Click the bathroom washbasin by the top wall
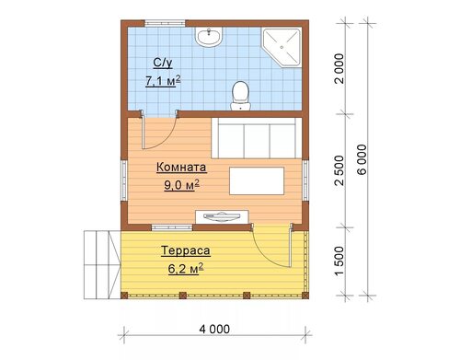click(x=209, y=37)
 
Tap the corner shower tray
click(x=282, y=47)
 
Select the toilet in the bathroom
click(x=240, y=96)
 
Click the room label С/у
click(x=163, y=63)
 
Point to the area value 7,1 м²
click(x=163, y=81)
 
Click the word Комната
click(x=181, y=168)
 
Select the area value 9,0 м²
click(x=182, y=185)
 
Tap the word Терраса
click(x=186, y=250)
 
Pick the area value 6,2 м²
click(x=186, y=269)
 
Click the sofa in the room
click(x=257, y=138)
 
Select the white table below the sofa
click(x=257, y=180)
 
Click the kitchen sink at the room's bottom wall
click(x=222, y=216)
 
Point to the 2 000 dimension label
click(x=340, y=69)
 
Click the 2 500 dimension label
click(x=340, y=170)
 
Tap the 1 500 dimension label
click(x=340, y=261)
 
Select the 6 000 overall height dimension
click(x=362, y=159)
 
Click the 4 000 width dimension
click(x=214, y=330)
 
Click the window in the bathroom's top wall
click(x=165, y=23)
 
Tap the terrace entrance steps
click(x=102, y=264)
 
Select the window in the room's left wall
click(x=123, y=180)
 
